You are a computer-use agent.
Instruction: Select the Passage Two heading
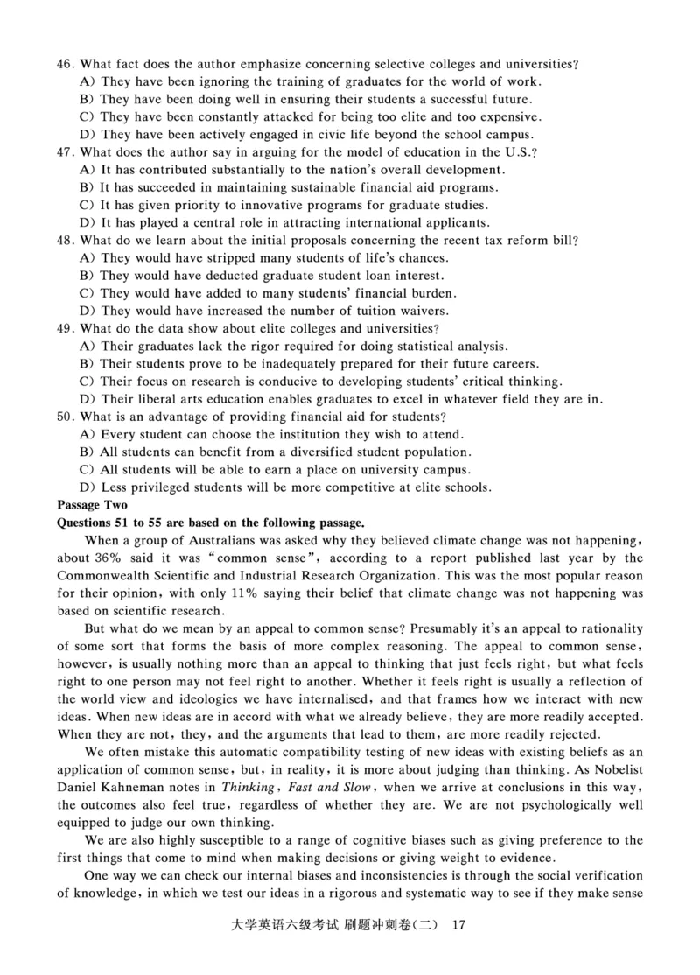tap(92, 505)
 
